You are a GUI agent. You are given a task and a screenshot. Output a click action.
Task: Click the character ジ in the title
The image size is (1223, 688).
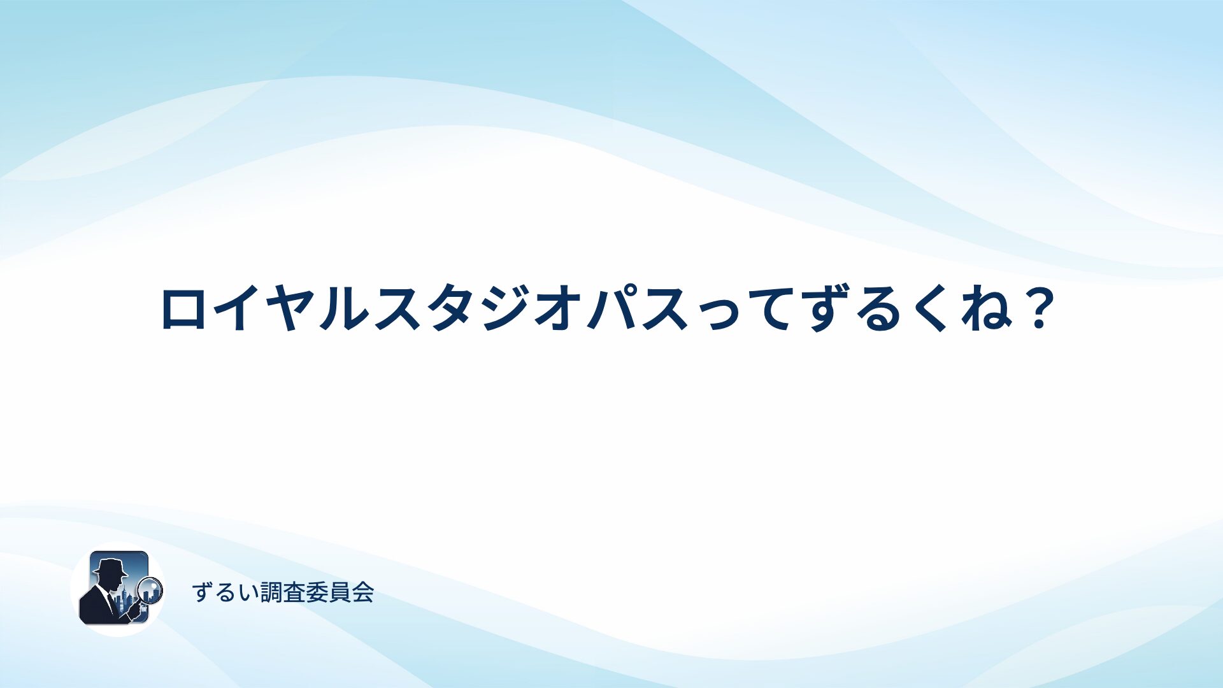(508, 308)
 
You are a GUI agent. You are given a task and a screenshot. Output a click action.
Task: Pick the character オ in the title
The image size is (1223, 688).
(561, 308)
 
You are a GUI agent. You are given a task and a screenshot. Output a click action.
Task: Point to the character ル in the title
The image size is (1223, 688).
(343, 308)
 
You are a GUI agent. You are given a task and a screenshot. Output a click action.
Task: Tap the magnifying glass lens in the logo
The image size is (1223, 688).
(150, 589)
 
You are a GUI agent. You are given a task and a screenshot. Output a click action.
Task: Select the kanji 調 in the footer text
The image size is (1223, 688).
(272, 592)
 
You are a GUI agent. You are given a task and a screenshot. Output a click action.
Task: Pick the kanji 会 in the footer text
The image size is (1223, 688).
(363, 592)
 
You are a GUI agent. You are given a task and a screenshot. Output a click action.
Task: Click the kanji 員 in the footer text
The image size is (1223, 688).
(340, 592)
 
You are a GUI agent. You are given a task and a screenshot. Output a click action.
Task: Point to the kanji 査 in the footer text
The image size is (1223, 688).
(294, 592)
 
